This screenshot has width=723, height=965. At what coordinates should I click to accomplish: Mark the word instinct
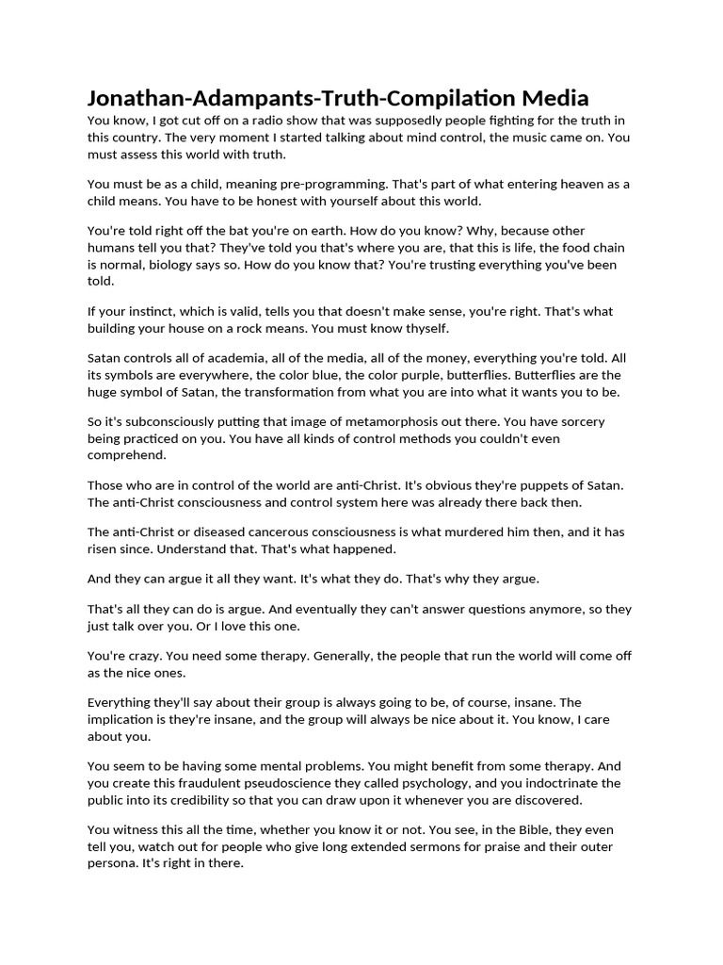pos(145,311)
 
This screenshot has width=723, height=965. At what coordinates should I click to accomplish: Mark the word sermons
pos(442,847)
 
